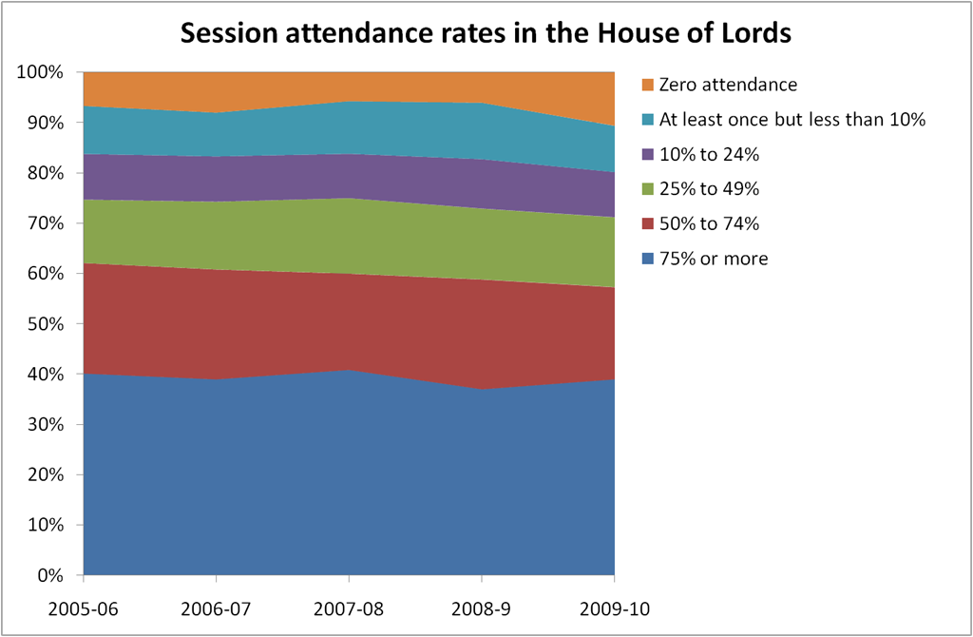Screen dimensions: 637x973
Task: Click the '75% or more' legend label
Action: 713,258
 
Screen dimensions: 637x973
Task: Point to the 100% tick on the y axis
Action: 40,73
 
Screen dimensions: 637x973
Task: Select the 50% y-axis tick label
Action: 45,324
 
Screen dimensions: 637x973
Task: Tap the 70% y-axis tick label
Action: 45,223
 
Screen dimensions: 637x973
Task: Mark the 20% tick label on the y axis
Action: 45,475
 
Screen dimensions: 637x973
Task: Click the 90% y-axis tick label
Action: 45,124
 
